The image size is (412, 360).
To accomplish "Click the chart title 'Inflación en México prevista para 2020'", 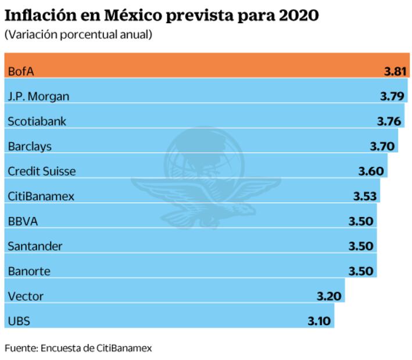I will pos(162,15).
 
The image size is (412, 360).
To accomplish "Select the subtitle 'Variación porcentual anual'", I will pos(78,35).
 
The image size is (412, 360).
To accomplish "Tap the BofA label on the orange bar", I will pos(21,71).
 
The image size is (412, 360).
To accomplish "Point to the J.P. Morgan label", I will pos(38,96).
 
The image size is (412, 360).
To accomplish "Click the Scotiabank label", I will pos(37,121).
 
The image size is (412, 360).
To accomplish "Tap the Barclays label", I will pos(30,146).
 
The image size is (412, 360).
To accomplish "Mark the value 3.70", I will pos(382,146).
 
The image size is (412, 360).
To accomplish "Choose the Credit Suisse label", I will pos(42,171).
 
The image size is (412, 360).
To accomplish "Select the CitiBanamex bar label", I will pos(41,196).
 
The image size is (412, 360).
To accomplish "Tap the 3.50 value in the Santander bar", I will pos(361,246).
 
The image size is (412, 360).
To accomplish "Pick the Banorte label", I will pos(29,271).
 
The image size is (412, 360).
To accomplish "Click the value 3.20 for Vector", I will pos(329,296).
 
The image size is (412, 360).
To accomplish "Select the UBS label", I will pos(19,321).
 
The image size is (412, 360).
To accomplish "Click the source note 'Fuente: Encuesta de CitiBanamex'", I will pos(78,348).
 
